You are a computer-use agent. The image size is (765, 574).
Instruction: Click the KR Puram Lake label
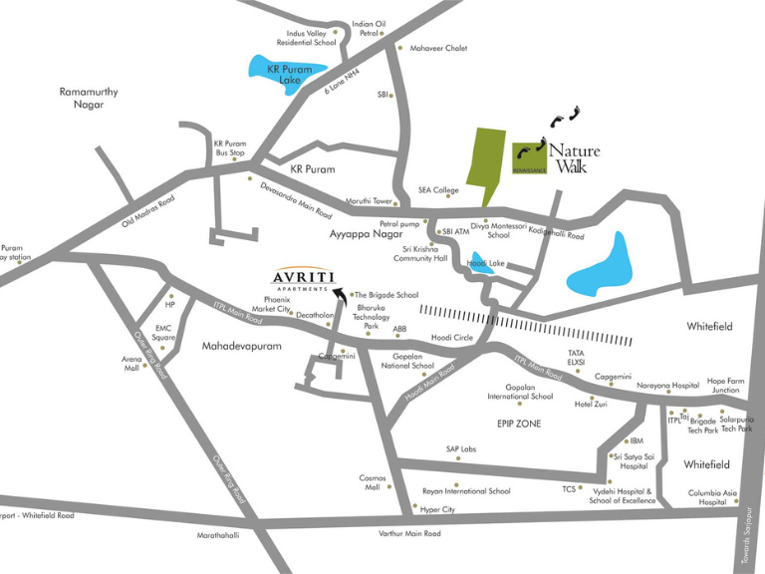pyautogui.click(x=289, y=74)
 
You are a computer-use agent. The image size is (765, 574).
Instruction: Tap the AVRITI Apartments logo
pyautogui.click(x=304, y=280)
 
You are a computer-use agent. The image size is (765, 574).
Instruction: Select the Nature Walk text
pyautogui.click(x=574, y=158)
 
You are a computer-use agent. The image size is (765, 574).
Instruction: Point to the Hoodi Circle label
pyautogui.click(x=452, y=338)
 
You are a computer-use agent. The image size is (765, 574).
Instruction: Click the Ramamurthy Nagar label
pyautogui.click(x=88, y=98)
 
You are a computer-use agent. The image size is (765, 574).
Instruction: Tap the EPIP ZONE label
pyautogui.click(x=519, y=424)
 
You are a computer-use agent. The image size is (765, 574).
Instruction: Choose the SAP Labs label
pyautogui.click(x=461, y=449)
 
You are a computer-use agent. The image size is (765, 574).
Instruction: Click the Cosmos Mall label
pyautogui.click(x=373, y=482)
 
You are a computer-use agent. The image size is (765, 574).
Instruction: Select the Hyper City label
pyautogui.click(x=437, y=509)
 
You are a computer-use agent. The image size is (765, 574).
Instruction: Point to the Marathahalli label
pyautogui.click(x=218, y=535)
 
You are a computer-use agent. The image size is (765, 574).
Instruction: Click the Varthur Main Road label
pyautogui.click(x=409, y=534)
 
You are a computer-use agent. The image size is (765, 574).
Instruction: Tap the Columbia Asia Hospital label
pyautogui.click(x=712, y=497)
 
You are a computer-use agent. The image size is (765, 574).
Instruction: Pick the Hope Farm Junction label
pyautogui.click(x=725, y=386)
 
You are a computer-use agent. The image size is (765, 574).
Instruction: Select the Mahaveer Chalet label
pyautogui.click(x=438, y=48)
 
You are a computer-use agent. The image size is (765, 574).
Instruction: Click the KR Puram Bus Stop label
pyautogui.click(x=230, y=147)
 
